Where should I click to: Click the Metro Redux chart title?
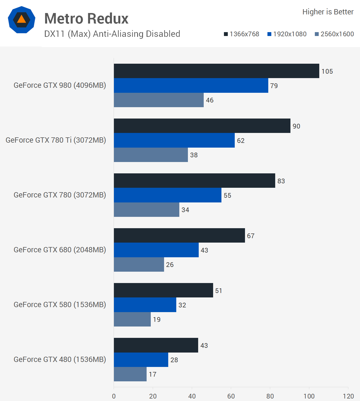coord(86,19)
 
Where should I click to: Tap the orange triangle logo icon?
coord(21,20)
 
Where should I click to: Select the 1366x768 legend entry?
coord(241,34)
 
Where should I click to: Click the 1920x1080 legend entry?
coord(287,34)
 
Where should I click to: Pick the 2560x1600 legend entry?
coord(334,34)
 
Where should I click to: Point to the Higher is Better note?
coord(328,12)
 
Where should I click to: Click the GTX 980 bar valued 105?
coord(216,71)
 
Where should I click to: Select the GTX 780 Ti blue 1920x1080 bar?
coord(174,140)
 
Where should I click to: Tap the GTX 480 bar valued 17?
coord(130,374)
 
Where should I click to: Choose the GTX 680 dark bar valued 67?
coord(179,235)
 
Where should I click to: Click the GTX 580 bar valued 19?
coord(132,319)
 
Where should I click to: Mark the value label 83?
coord(281,181)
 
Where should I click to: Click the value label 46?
coord(210,100)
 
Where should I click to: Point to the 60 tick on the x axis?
coord(231,396)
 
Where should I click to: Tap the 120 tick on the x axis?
coord(348,396)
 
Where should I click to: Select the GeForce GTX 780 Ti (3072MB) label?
coord(56,140)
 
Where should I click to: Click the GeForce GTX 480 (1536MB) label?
coord(60,359)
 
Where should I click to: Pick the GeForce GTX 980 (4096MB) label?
coord(60,85)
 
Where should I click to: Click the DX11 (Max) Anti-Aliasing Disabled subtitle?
coord(112,34)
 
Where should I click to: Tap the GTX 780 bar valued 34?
coord(146,210)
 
